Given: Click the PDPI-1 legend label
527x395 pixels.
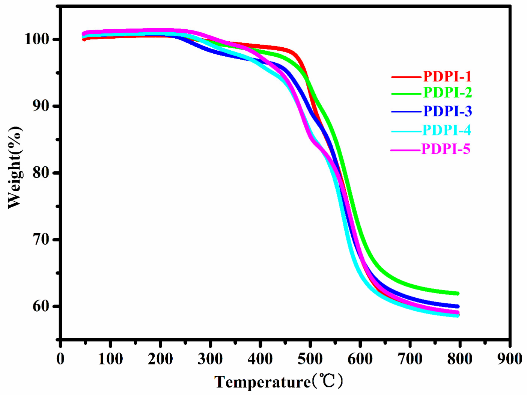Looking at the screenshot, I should [447, 77].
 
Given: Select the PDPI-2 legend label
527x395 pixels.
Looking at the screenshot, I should [447, 92].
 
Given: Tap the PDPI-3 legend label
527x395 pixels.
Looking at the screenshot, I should [447, 111].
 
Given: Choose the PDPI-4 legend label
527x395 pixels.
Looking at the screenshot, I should [446, 130].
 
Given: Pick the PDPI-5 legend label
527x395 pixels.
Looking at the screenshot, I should [446, 149].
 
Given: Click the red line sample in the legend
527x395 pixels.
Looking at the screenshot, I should [406, 77].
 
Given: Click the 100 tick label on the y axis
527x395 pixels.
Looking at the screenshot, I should [37, 39].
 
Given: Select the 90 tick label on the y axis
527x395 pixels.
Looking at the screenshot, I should [41, 106].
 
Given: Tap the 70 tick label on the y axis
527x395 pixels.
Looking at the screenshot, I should [41, 239].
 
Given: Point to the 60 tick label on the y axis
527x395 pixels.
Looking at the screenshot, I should [41, 306].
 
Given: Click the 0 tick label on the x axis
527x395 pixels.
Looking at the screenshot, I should [60, 359].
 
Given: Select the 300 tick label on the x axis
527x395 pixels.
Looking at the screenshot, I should [210, 359].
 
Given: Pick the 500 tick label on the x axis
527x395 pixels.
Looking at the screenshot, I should [310, 359].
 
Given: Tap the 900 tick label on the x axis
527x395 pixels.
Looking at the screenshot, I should [509, 359].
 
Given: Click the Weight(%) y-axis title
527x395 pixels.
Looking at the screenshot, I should [15, 167].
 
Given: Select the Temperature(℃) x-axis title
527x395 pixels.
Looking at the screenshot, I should [279, 382].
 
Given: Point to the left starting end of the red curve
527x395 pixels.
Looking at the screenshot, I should [84, 39].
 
